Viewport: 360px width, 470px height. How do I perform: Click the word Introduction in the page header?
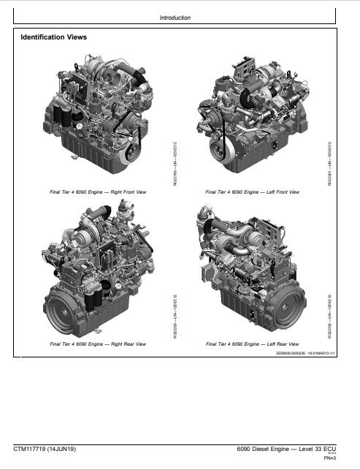point(175,18)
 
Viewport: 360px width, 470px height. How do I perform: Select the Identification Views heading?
point(54,37)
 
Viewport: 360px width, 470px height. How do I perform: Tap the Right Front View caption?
point(98,192)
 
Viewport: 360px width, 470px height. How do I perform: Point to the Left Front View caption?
point(253,192)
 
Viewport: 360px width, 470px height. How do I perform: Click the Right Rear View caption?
point(98,343)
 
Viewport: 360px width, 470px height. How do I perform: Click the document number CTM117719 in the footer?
point(34,448)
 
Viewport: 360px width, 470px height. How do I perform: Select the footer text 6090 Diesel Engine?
point(269,448)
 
